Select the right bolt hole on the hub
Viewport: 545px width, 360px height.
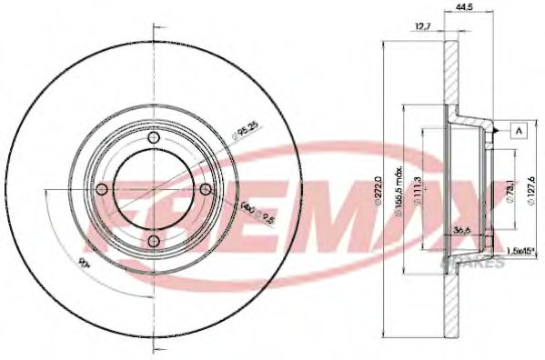(205, 189)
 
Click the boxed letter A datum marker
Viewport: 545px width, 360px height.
(520, 132)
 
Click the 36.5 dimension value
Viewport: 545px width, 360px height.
(461, 232)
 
